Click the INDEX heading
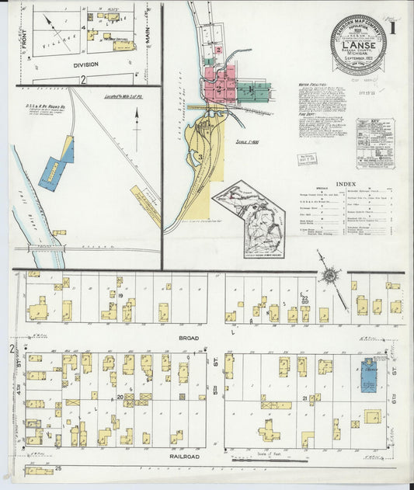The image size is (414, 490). click(x=346, y=183)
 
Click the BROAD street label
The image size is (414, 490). click(x=123, y=339)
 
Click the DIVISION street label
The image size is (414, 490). click(x=85, y=65)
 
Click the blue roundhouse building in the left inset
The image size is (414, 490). click(x=54, y=170)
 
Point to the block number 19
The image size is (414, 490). click(x=122, y=296)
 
